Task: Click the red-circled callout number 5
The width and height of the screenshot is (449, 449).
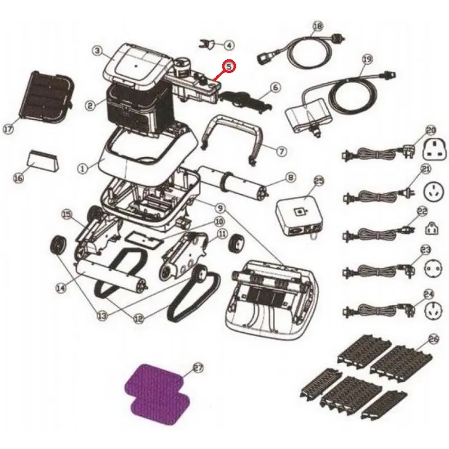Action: [230, 66]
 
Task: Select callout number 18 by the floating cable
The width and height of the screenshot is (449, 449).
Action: [318, 26]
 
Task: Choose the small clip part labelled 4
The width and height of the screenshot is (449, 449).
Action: [207, 44]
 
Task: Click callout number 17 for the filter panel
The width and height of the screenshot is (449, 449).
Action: [8, 129]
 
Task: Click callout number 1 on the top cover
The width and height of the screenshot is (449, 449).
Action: [83, 169]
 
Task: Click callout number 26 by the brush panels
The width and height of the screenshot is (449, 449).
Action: [434, 340]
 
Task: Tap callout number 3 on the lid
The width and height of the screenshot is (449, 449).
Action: [97, 51]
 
